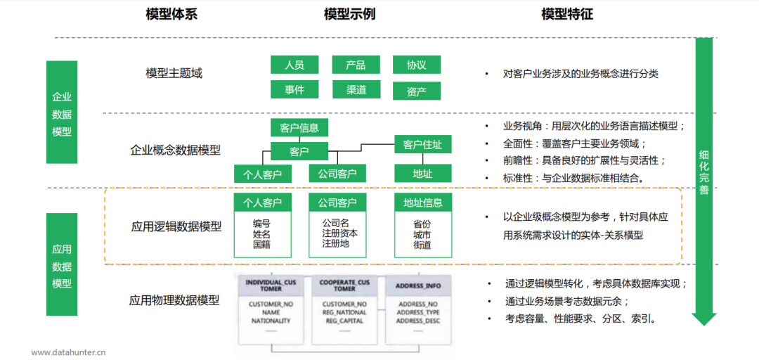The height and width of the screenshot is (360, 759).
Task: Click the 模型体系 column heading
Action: (171, 14)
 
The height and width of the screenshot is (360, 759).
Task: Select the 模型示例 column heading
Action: (349, 14)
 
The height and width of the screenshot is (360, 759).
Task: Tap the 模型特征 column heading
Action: (567, 14)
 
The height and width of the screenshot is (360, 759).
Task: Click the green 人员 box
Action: (294, 65)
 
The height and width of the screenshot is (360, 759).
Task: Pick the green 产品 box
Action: (356, 65)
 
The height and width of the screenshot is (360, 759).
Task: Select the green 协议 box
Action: (417, 65)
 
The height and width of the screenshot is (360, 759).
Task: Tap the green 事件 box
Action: (294, 90)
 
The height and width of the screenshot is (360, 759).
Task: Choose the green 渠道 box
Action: (356, 90)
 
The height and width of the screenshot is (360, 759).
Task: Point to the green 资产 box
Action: (417, 91)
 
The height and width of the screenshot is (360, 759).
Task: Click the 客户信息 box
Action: (299, 128)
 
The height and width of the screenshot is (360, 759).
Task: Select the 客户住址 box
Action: (422, 145)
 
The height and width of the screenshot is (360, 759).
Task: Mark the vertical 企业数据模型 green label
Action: (62, 113)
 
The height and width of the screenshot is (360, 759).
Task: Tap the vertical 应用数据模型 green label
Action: (62, 266)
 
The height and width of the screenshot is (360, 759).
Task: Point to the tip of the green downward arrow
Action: (703, 323)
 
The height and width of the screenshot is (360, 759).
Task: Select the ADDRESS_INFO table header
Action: (418, 286)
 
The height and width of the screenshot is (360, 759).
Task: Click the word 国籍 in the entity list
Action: (262, 244)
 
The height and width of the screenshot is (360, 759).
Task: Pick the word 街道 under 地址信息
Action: (422, 245)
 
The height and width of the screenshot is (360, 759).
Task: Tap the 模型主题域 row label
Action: (174, 73)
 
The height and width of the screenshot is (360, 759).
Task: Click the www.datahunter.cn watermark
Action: (68, 352)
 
